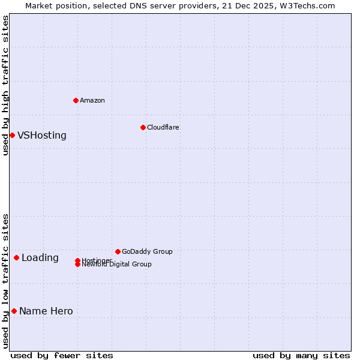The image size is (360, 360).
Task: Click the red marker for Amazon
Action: click(76, 100)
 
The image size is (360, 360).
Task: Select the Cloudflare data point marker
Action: click(143, 127)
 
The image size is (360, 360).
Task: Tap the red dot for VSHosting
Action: click(12, 135)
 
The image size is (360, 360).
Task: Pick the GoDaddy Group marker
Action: click(118, 251)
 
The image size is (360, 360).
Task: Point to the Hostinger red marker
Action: click(77, 260)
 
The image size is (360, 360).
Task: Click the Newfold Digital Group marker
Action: click(77, 265)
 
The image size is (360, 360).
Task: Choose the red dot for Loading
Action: click(16, 257)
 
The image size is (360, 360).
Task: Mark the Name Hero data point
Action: click(14, 311)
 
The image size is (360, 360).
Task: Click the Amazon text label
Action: click(92, 100)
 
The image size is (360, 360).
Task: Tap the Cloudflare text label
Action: click(163, 127)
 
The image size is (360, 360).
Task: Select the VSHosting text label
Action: click(42, 135)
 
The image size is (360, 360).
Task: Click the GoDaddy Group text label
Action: click(147, 251)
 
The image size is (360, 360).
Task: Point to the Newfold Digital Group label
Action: click(116, 265)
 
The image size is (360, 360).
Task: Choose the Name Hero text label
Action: click(46, 311)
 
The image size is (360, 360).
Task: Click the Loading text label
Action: click(40, 258)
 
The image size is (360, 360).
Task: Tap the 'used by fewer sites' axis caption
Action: click(62, 355)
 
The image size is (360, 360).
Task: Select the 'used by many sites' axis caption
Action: click(301, 355)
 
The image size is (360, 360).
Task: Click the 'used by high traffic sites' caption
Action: click(5, 85)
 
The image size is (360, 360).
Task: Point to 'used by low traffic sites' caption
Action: click(5, 281)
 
